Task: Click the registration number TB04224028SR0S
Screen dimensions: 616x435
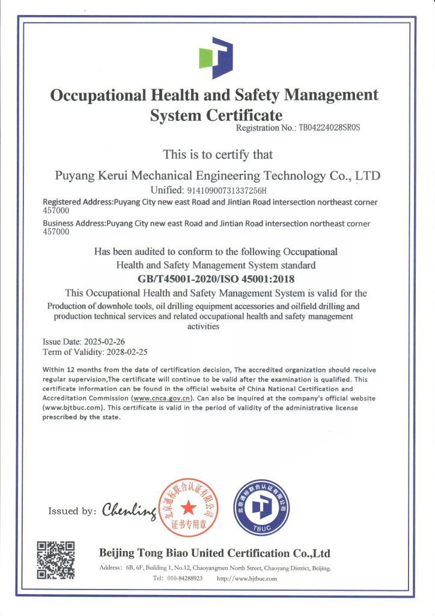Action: click(333, 128)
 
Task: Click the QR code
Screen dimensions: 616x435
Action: click(56, 560)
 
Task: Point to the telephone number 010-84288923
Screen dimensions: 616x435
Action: click(185, 578)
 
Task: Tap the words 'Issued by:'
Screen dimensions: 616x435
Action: click(71, 511)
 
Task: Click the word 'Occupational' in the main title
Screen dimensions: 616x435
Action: click(99, 95)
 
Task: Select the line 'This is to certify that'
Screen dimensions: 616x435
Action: click(218, 155)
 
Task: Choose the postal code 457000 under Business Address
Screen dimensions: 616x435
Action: click(56, 232)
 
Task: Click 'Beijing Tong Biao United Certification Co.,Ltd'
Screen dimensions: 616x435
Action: click(214, 553)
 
